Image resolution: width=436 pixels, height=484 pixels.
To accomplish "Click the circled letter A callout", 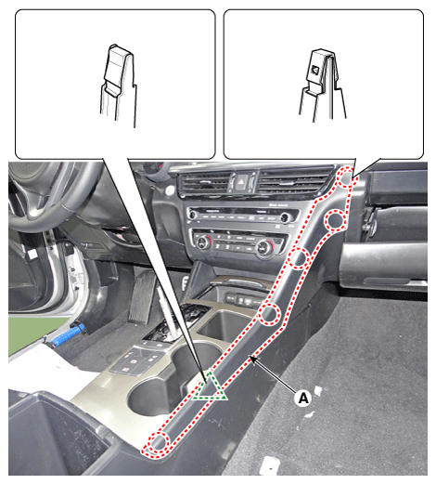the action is pyautogui.click(x=303, y=398).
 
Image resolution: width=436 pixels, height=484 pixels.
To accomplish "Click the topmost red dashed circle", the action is pyautogui.click(x=345, y=177).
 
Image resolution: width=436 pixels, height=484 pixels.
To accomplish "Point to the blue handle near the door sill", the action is pyautogui.click(x=68, y=334).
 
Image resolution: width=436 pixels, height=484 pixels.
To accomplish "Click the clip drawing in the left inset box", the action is pyautogui.click(x=119, y=85).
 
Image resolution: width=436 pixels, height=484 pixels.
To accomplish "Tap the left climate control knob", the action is pyautogui.click(x=203, y=242).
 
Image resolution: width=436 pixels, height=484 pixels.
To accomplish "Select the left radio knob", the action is pyautogui.click(x=192, y=215).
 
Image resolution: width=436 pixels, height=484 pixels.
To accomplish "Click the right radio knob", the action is pyautogui.click(x=284, y=218).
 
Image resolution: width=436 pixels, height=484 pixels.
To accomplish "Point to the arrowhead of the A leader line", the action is pyautogui.click(x=252, y=359).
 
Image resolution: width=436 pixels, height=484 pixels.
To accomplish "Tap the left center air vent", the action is pyautogui.click(x=205, y=183).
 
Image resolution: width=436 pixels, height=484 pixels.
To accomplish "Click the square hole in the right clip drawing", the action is pyautogui.click(x=315, y=70).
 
